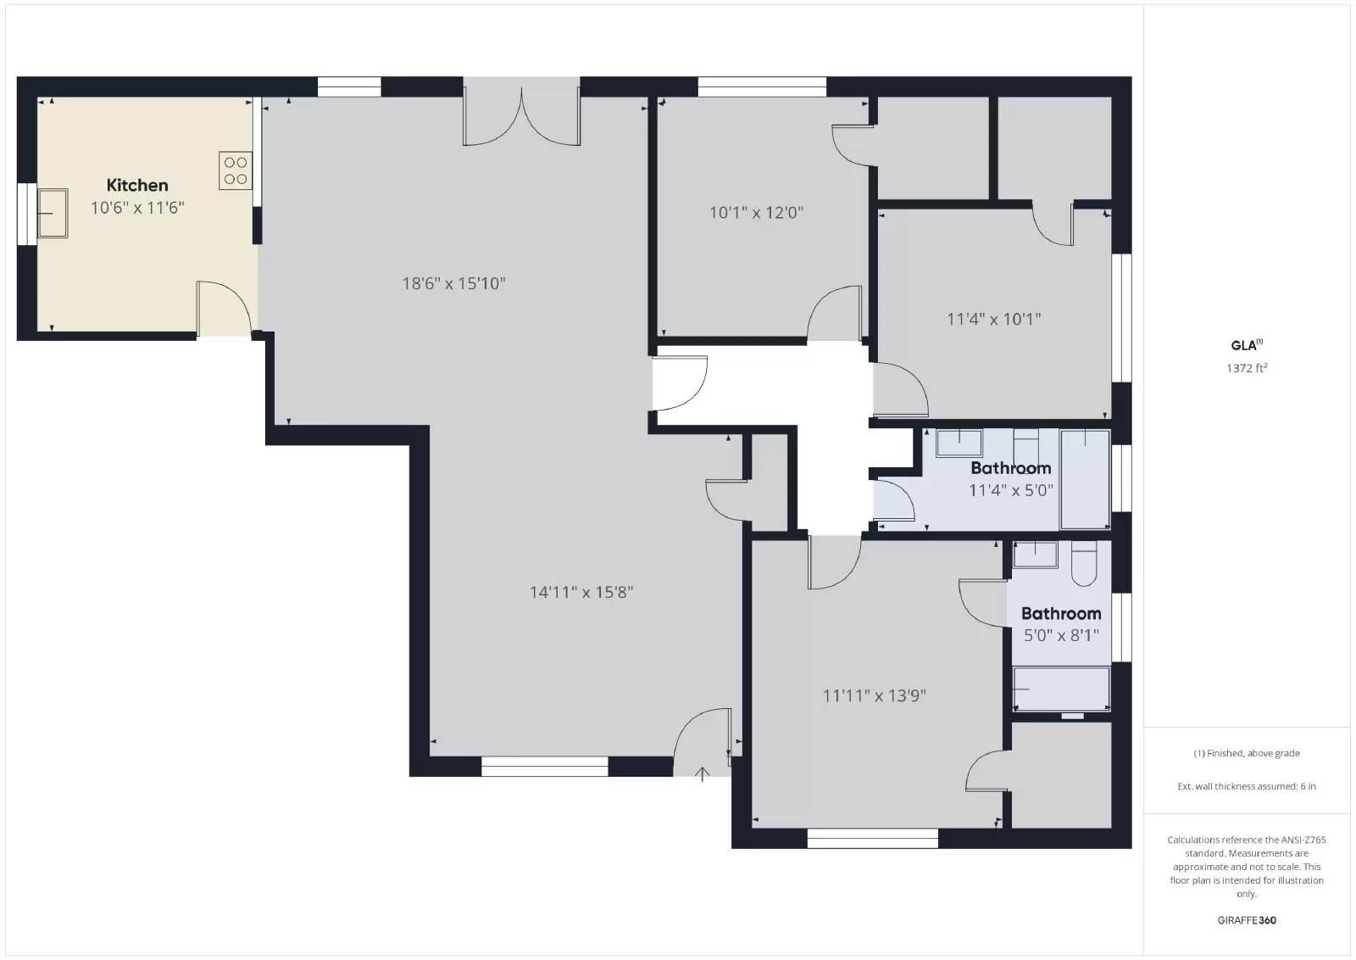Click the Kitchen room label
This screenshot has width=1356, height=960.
click(x=137, y=185)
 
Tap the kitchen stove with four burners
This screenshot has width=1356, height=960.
click(x=236, y=170)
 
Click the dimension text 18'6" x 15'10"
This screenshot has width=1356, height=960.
click(x=453, y=283)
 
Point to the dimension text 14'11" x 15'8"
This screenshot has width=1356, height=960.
click(x=581, y=592)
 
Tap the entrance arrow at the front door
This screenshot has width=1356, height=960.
click(x=703, y=773)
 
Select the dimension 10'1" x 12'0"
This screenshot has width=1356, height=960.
click(x=756, y=213)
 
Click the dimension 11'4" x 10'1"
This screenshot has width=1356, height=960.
click(x=993, y=319)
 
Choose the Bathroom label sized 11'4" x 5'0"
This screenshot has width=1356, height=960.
click(x=1010, y=468)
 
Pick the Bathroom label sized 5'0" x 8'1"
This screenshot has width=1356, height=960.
click(x=1061, y=613)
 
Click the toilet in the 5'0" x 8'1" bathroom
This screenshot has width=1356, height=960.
click(x=1085, y=565)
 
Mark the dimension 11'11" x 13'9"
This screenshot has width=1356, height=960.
click(x=874, y=695)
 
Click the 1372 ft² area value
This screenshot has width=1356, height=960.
click(x=1246, y=368)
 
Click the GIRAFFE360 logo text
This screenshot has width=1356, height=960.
click(x=1246, y=920)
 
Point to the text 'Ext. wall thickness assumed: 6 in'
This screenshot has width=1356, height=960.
click(x=1246, y=786)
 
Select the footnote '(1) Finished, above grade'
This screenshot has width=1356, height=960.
click(x=1246, y=753)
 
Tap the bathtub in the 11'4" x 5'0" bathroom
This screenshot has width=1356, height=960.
click(x=1086, y=478)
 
